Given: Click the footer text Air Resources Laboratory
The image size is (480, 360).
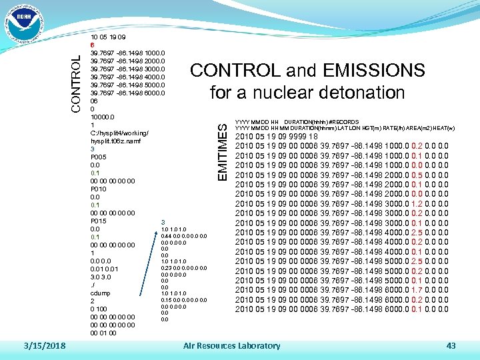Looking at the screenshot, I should point(231,345).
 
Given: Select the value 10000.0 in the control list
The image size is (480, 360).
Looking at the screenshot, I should point(103,117).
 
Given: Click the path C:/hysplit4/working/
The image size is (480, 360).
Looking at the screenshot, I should point(119,133).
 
